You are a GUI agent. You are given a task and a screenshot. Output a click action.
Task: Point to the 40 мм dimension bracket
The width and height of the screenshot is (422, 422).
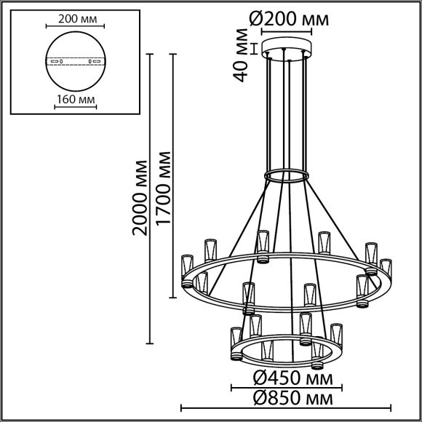[x=253, y=49]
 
